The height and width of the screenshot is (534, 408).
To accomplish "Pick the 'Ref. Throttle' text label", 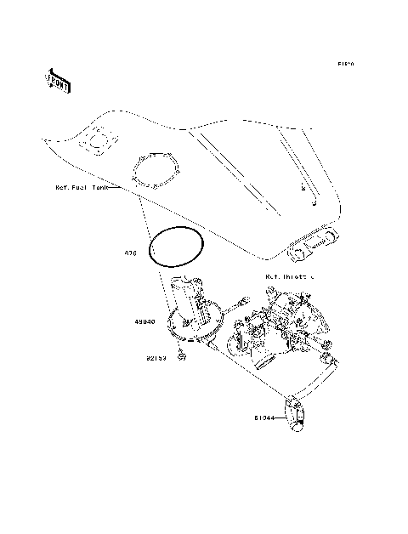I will point(289,276).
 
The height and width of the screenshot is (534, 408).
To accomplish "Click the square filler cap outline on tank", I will point(98,139).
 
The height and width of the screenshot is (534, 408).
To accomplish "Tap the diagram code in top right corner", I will point(345,64).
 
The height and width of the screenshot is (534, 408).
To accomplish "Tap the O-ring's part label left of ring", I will point(131,253).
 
